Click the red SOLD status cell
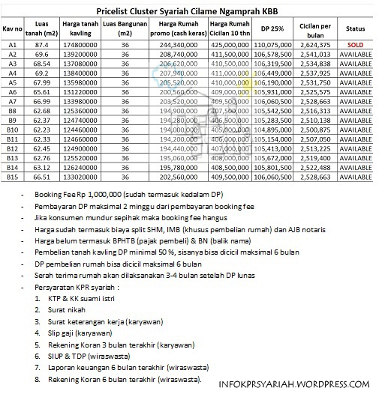point(355,44)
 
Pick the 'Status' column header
point(355,29)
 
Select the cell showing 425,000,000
point(228,44)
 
